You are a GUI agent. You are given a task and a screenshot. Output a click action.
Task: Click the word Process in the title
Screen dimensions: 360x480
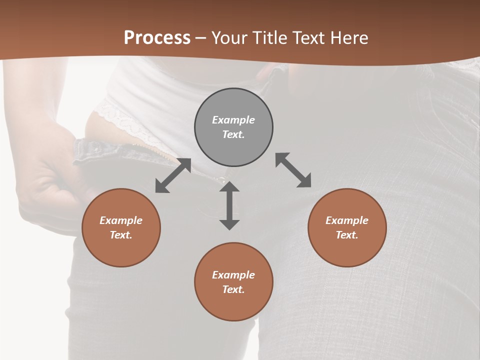pos(157,38)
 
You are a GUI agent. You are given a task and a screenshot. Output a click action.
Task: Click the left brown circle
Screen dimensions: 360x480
pos(121,227)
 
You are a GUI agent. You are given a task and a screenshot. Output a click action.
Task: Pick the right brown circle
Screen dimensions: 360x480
pos(347,227)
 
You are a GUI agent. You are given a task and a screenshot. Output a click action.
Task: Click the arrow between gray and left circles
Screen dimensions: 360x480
pos(173,175)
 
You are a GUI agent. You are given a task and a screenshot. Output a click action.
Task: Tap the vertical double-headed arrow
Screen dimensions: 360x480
pos(229,205)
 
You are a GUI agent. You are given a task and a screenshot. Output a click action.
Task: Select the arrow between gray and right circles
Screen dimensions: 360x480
pos(293,170)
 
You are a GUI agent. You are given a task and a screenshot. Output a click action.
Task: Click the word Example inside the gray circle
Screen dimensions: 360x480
pos(233,120)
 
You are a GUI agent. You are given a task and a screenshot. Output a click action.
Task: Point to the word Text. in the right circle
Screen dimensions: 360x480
pos(347,235)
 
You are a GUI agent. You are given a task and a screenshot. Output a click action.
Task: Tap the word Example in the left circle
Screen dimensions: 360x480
pos(121,220)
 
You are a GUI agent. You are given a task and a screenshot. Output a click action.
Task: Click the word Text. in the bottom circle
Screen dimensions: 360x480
pos(233,289)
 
